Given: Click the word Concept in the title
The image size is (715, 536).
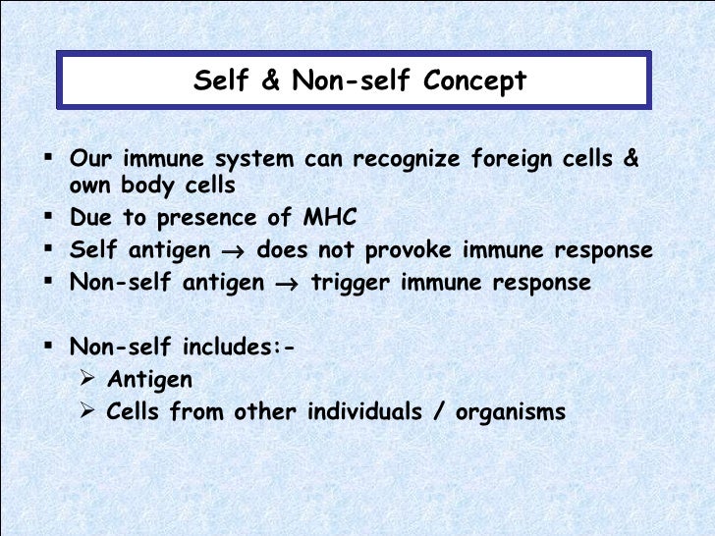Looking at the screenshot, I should coord(475,80).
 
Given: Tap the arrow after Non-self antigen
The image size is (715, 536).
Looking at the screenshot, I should coord(287,284).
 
